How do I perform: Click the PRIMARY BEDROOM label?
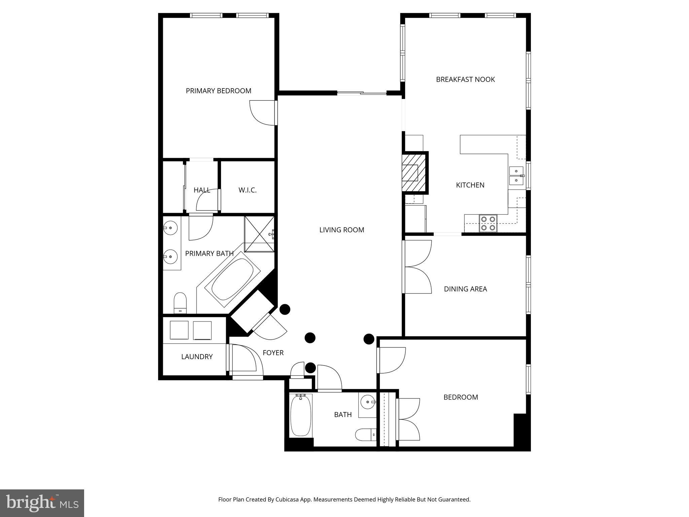point(218,91)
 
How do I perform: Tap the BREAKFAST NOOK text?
point(465,79)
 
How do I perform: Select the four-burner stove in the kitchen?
point(488,223)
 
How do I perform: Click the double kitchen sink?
point(516,176)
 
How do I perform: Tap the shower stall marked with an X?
point(259,234)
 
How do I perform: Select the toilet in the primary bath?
point(180,303)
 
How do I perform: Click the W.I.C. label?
point(247,190)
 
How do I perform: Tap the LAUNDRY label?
point(197,357)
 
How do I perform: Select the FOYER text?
point(273,353)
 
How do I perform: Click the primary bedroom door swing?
point(262,113)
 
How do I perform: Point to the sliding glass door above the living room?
point(362,93)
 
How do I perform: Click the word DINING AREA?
point(465,289)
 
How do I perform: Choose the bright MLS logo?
point(42,503)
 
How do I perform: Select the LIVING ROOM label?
point(341,230)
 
